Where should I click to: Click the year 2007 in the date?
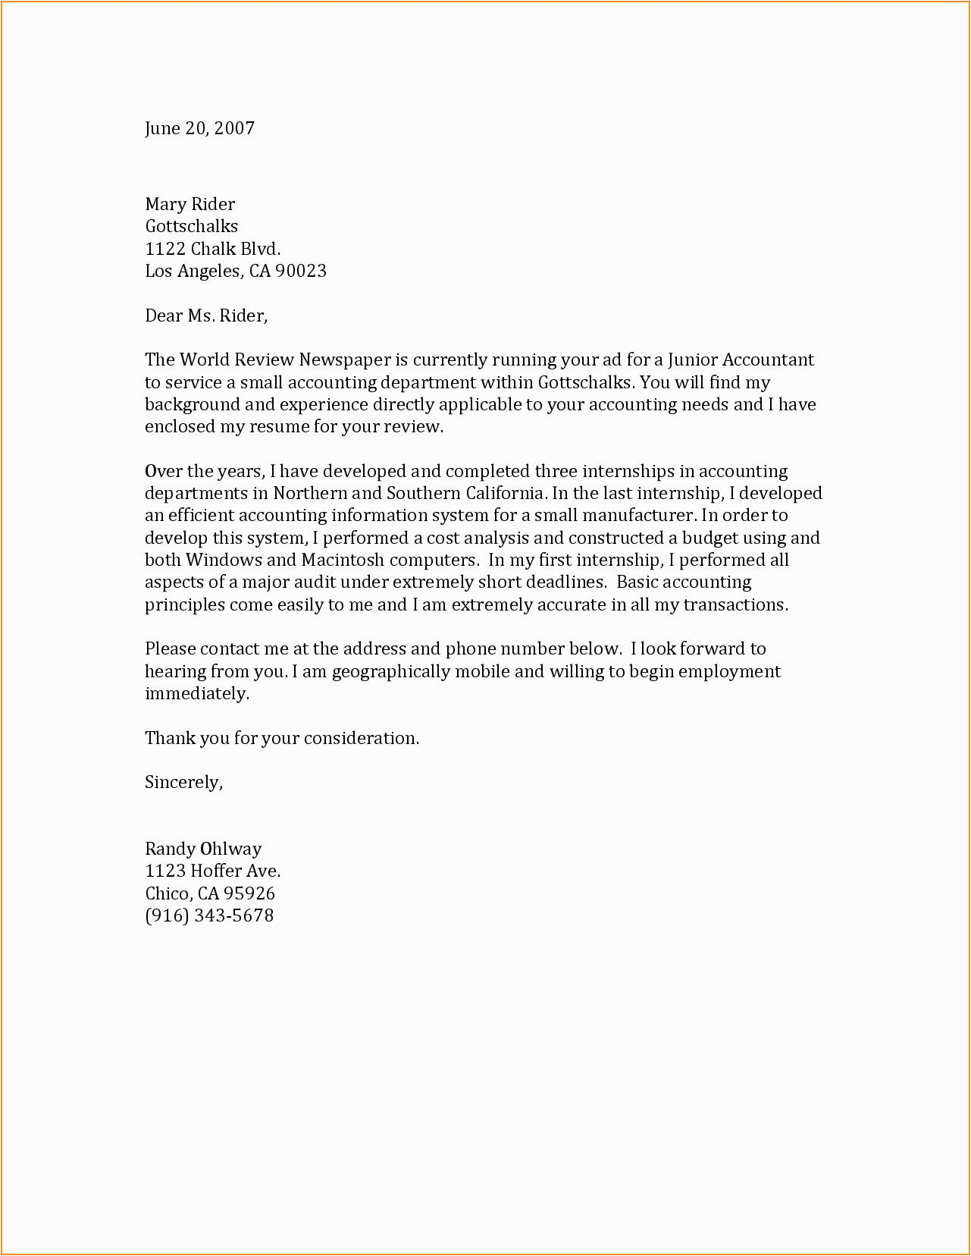234,128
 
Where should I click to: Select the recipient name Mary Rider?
190,204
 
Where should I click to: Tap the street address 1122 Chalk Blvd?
212,249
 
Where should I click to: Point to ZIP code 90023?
301,271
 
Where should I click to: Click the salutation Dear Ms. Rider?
206,316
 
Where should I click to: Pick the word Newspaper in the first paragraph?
345,360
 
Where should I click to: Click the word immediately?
197,694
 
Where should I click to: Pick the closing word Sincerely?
183,783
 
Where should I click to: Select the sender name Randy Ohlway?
203,849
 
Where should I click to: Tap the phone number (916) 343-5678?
209,915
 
